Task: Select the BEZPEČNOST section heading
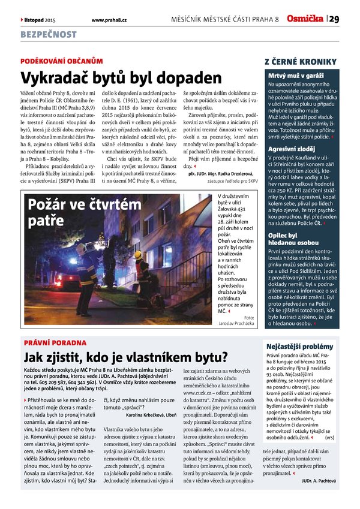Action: pyautogui.click(x=49, y=35)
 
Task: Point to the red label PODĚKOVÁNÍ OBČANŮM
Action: pyautogui.click(x=58, y=61)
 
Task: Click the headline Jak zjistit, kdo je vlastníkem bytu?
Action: pyautogui.click(x=125, y=358)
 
